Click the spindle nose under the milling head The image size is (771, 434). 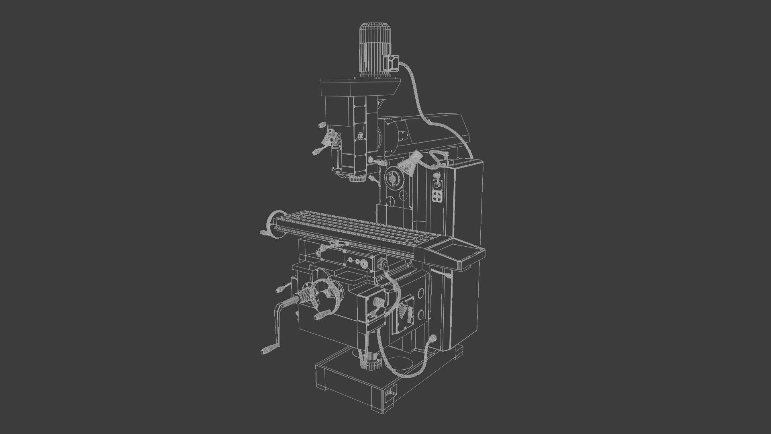(357, 178)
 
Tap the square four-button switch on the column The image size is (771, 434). (437, 195)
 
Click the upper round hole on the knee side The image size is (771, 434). (420, 293)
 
